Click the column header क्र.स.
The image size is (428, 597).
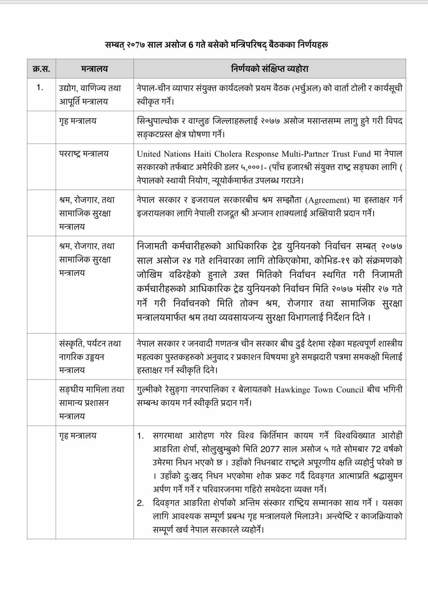coord(41,69)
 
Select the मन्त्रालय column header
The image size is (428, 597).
coord(95,69)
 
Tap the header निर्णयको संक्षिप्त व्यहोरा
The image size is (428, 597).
coord(269,69)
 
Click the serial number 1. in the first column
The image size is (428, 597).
coord(40,88)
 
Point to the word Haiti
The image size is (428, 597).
coord(199,154)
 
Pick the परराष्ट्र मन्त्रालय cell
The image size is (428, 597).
coord(84,154)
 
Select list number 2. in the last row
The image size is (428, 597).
coord(140,503)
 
